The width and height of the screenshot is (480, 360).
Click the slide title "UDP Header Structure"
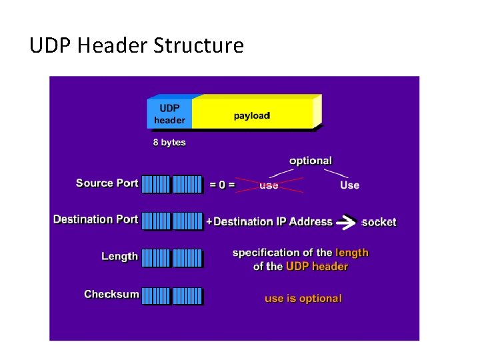point(137,46)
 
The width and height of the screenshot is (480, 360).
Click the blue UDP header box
point(169,114)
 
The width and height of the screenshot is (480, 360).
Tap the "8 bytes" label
point(169,142)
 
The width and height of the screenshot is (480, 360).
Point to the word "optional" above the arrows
point(310,161)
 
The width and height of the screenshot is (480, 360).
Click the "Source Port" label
point(107,183)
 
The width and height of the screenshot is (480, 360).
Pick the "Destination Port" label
point(95,219)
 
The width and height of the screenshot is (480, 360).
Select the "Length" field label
point(119,257)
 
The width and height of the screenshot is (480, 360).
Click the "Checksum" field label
point(111,294)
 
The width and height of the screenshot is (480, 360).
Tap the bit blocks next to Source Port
point(172,185)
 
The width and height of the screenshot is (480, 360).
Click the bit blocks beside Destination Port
point(172,221)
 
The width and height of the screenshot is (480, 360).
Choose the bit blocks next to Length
point(172,258)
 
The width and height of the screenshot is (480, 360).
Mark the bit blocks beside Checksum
point(172,295)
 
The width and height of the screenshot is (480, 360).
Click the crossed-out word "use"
point(269,185)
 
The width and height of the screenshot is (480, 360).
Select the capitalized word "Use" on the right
point(349,185)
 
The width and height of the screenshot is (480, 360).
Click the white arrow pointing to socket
point(346,221)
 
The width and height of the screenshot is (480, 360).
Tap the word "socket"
point(379,222)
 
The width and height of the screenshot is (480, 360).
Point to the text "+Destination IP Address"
point(269,221)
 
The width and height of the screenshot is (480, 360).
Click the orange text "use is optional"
point(303,298)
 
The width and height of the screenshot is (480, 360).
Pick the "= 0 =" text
point(222,185)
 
